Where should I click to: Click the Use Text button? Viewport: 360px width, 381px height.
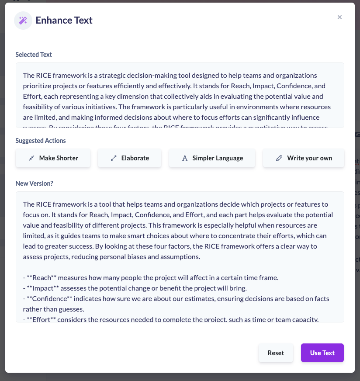[x=322, y=353]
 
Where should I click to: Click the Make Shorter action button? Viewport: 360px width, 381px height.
[x=53, y=158]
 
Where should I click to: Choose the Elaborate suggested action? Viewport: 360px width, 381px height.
[x=129, y=158]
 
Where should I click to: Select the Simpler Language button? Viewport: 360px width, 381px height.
[x=212, y=158]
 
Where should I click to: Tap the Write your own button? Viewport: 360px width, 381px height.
[x=304, y=158]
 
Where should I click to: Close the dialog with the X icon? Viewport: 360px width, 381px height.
[x=339, y=17]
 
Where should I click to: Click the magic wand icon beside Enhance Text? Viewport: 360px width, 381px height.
[x=23, y=21]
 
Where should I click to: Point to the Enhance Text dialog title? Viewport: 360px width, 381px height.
[x=64, y=21]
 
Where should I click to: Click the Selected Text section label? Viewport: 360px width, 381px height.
[x=34, y=55]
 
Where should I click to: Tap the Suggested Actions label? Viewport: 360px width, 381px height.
[x=41, y=141]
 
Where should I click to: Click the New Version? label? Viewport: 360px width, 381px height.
[x=34, y=184]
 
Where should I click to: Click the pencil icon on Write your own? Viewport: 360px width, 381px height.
[x=279, y=158]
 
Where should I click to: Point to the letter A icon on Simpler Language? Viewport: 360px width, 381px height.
[x=185, y=158]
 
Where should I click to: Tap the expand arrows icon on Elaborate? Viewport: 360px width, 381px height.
[x=114, y=158]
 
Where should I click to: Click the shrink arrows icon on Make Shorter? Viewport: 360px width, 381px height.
[x=31, y=158]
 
